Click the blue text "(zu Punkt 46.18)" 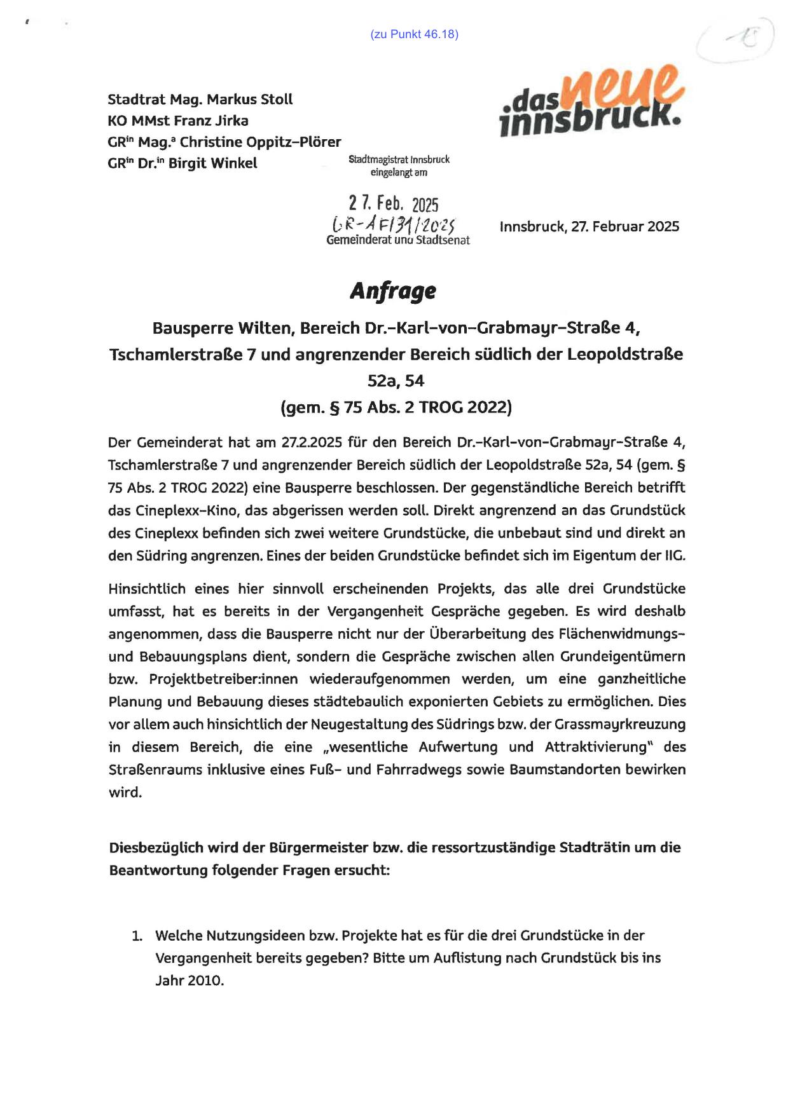tap(414, 34)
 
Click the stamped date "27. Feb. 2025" tap(394, 203)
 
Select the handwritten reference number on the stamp tap(394, 224)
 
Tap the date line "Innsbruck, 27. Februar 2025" tap(589, 227)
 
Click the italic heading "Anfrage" tap(393, 290)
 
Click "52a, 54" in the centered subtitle tap(396, 381)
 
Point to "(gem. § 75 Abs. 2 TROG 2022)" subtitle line tap(396, 407)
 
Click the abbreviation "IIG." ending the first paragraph tap(675, 556)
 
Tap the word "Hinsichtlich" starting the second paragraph tap(146, 589)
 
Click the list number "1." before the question tap(137, 936)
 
